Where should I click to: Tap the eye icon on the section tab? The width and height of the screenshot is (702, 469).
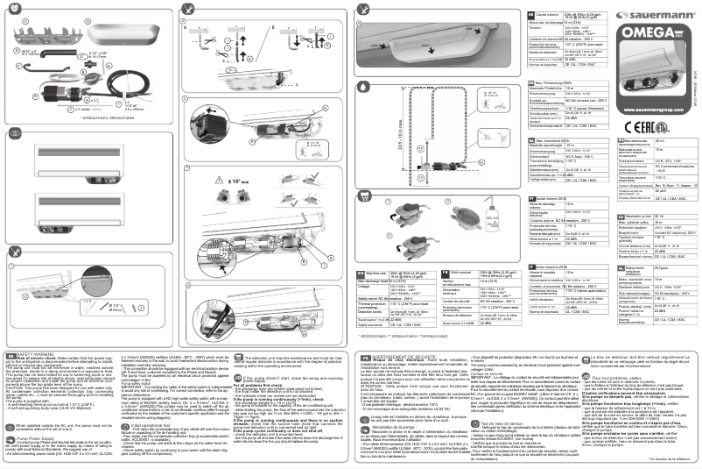click(x=16, y=133)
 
